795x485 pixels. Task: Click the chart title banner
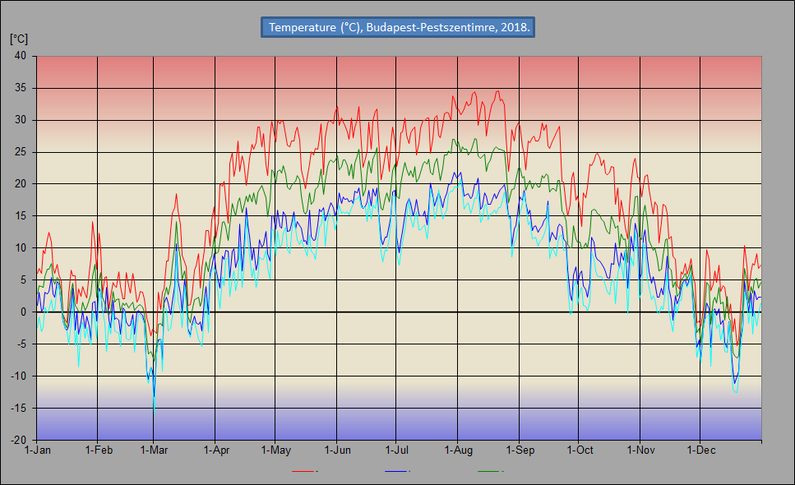398,27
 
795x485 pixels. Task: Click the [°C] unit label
19,39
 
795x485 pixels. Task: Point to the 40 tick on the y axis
21,56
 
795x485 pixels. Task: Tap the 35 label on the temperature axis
21,88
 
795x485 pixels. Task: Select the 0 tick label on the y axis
23,312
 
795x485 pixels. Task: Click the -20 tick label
18,440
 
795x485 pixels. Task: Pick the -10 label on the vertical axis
18,376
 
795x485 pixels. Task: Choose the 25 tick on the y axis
21,152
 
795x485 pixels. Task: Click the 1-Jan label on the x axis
38,450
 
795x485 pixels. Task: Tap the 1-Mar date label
154,450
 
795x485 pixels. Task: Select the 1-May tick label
275,450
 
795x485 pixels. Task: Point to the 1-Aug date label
459,450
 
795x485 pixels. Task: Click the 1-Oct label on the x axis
580,450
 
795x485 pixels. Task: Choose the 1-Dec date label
700,450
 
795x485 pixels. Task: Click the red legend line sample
303,471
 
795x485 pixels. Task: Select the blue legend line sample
396,471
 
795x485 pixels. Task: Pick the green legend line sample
489,471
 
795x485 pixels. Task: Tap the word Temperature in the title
303,27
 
